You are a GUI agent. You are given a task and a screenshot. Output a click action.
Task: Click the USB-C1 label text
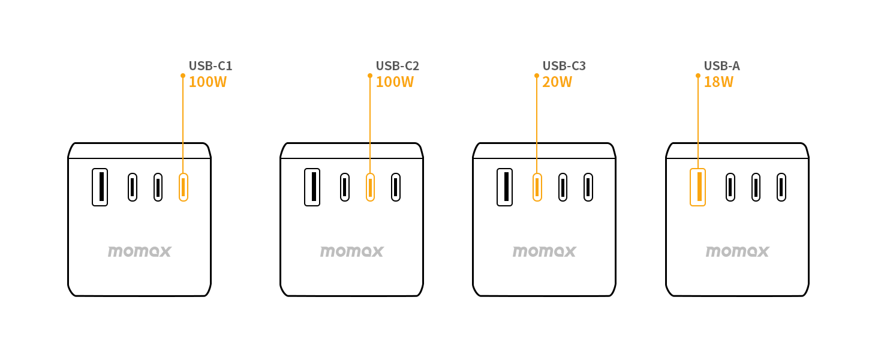pyautogui.click(x=210, y=66)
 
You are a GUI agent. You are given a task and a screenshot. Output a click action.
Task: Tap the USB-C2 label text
pyautogui.click(x=397, y=66)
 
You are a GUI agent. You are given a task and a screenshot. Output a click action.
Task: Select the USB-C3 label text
pyautogui.click(x=564, y=66)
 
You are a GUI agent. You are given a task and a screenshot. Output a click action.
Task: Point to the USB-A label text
pyautogui.click(x=721, y=66)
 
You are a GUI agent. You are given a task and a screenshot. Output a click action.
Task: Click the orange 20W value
pyautogui.click(x=557, y=82)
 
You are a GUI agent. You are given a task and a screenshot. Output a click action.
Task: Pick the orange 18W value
pyautogui.click(x=718, y=82)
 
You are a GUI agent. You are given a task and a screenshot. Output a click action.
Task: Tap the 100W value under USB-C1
pyautogui.click(x=208, y=82)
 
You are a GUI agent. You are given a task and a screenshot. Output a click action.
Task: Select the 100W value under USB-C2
pyautogui.click(x=395, y=82)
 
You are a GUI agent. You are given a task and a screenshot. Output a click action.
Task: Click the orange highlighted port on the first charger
pyautogui.click(x=184, y=187)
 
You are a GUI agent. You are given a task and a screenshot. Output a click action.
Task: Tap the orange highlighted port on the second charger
pyautogui.click(x=370, y=187)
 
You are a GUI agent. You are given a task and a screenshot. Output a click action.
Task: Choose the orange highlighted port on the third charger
pyautogui.click(x=537, y=187)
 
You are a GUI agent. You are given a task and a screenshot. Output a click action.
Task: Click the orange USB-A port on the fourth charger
pyautogui.click(x=697, y=187)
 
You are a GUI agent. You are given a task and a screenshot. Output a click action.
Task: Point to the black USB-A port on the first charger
pyautogui.click(x=100, y=187)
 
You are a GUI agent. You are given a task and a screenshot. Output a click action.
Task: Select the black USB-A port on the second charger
pyautogui.click(x=312, y=187)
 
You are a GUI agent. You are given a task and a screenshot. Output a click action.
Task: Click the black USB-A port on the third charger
pyautogui.click(x=505, y=187)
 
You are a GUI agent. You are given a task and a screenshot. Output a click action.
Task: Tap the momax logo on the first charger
pyautogui.click(x=140, y=251)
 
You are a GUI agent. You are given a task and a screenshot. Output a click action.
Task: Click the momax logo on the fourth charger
pyautogui.click(x=737, y=251)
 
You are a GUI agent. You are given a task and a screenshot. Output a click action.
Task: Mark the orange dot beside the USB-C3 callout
pyautogui.click(x=537, y=76)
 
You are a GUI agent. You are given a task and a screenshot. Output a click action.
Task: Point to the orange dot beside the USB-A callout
pyautogui.click(x=697, y=76)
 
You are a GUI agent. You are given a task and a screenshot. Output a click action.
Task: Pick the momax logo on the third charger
pyautogui.click(x=544, y=251)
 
